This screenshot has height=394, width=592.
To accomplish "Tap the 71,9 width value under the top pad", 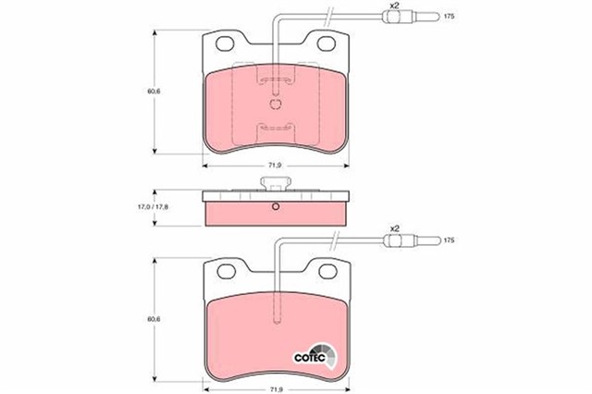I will (x=275, y=166).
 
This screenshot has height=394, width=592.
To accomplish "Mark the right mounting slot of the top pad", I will (x=327, y=43).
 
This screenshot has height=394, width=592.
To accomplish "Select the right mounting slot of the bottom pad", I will (x=327, y=269).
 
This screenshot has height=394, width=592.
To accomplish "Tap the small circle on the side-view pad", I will (x=275, y=206).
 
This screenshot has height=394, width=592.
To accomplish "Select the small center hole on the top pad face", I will (x=274, y=104).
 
